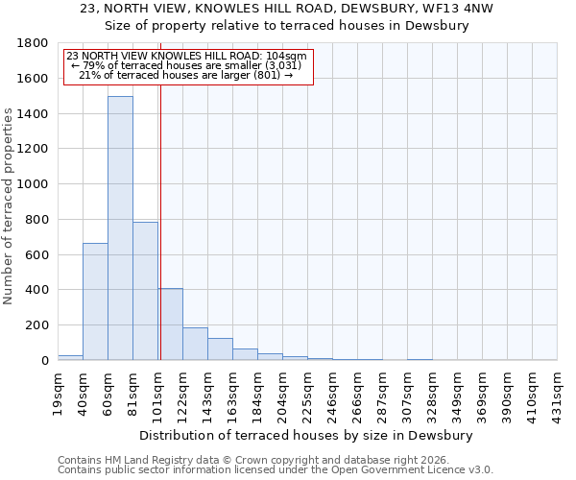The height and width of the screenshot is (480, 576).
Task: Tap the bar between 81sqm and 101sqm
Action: tap(145, 291)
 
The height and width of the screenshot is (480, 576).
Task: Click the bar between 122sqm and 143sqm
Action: tap(195, 344)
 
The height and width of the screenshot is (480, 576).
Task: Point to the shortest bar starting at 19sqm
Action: tap(70, 357)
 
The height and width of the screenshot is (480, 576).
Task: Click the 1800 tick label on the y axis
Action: tap(34, 43)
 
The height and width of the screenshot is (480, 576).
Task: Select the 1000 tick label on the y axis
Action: tap(34, 184)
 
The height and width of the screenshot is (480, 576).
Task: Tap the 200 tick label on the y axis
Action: tap(37, 325)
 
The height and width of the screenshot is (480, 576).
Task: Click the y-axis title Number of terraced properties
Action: tap(9, 206)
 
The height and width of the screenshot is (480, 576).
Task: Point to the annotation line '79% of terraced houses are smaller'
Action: tap(188, 64)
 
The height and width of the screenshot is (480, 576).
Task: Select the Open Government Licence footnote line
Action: tap(276, 470)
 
